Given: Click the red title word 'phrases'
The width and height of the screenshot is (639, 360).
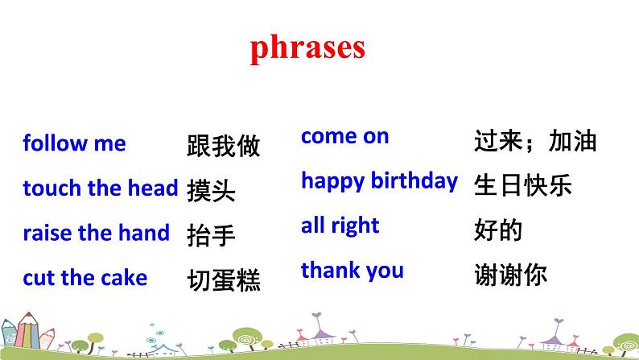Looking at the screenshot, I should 307,48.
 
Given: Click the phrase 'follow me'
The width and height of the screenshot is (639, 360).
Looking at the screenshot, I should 74,144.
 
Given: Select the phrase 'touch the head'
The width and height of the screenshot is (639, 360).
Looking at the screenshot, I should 100,188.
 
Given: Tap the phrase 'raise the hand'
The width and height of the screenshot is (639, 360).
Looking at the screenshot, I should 96,234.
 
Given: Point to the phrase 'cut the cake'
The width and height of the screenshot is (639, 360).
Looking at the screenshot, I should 85,279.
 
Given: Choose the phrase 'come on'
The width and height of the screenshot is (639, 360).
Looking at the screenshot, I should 344,137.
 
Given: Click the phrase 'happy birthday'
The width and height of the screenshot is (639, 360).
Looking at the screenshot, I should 378,181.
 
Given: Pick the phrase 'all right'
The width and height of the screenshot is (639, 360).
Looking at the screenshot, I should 340,226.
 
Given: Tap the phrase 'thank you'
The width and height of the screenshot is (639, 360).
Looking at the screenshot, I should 352,271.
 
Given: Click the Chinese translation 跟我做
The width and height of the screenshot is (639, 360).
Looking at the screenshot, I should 223,146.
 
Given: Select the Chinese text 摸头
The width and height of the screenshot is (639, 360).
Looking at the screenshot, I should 211,190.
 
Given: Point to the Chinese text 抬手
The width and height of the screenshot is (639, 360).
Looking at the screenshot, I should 211,235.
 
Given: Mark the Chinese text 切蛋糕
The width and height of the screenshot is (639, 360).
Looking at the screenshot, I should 223,279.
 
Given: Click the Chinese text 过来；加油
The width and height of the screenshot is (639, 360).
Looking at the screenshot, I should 535,142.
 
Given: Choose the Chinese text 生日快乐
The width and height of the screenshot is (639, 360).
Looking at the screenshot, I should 523,186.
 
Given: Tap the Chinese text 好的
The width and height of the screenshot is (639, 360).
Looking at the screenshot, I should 499,231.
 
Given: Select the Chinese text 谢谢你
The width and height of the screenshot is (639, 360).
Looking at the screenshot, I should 511,275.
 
